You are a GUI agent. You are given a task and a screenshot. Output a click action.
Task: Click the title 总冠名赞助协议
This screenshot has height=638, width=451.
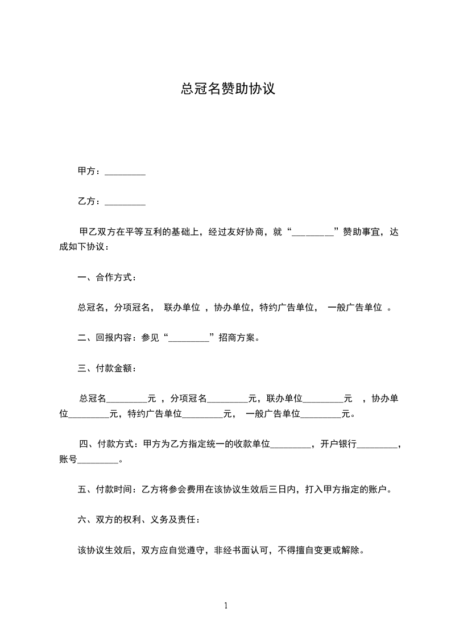tap(227, 89)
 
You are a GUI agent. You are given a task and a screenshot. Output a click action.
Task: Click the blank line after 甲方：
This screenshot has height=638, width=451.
tap(125, 172)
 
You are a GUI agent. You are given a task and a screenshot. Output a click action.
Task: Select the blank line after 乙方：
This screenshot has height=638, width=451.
tap(125, 202)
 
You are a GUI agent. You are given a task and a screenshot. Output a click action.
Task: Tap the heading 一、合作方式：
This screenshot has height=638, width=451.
tap(106, 277)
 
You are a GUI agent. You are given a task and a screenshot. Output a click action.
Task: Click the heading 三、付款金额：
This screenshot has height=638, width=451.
tap(106, 368)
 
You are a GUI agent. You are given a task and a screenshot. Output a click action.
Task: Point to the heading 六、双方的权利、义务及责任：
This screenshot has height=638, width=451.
tap(138, 519)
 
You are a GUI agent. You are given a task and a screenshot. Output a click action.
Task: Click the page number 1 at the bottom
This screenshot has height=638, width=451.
tap(226, 606)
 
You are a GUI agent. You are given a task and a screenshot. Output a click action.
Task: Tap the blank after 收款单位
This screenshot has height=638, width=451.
tap(291, 445)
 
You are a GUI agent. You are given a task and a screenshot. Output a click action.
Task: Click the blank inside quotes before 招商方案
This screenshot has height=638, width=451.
tap(189, 338)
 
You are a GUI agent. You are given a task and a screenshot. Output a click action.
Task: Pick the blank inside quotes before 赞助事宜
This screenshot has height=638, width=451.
tap(312, 232)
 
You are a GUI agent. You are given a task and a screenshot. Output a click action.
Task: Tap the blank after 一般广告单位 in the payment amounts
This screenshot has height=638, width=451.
tap(320, 414)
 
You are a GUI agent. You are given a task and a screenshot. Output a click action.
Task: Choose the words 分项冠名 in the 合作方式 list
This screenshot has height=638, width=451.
tap(132, 308)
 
